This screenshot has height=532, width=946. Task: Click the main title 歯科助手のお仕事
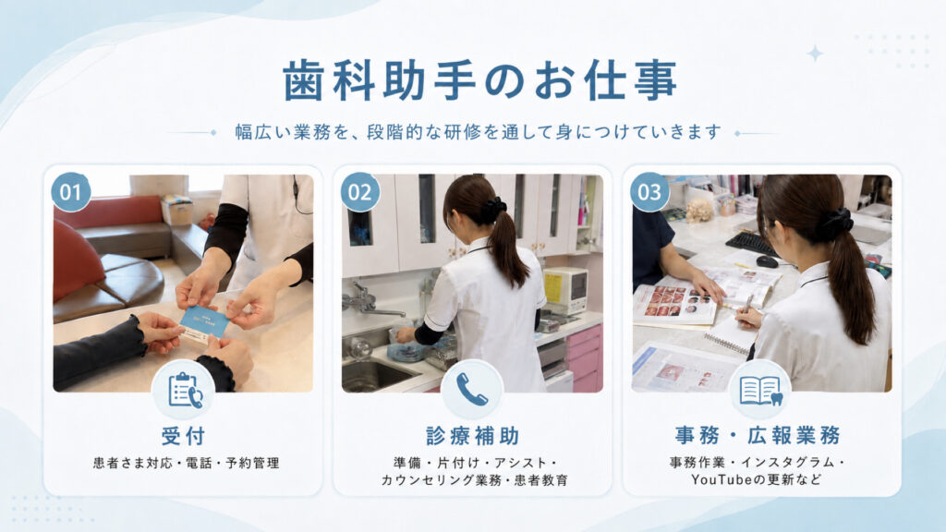pyautogui.click(x=479, y=80)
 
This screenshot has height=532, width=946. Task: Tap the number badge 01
pyautogui.click(x=71, y=192)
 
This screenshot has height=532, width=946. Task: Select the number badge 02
pyautogui.click(x=360, y=192)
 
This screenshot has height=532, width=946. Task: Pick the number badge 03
pyautogui.click(x=649, y=192)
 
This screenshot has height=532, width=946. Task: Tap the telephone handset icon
pyautogui.click(x=472, y=389)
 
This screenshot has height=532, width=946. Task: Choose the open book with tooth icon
pyautogui.click(x=761, y=391)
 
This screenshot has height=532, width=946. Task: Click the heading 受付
pyautogui.click(x=184, y=436)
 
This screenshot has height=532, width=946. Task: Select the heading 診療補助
pyautogui.click(x=472, y=436)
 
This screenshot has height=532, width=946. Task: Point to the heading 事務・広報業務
pyautogui.click(x=758, y=435)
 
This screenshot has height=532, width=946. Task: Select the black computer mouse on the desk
pyautogui.click(x=767, y=261)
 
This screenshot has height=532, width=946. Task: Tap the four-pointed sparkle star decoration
pyautogui.click(x=815, y=54)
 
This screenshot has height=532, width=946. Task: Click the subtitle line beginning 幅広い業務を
pyautogui.click(x=479, y=132)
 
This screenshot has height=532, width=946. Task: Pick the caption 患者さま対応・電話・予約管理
pyautogui.click(x=186, y=464)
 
